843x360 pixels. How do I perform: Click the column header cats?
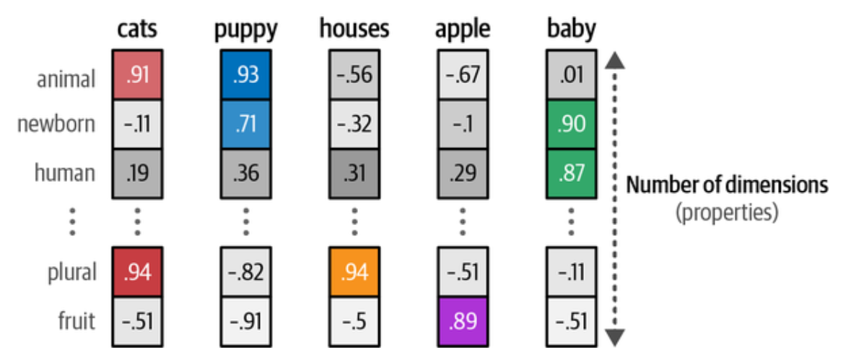pos(137,29)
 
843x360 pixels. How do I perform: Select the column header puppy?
pos(245,29)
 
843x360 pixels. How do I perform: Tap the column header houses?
pos(354,29)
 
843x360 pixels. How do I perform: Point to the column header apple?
pos(463,29)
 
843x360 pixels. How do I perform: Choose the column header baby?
pos(571,29)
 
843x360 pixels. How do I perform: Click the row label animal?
pos(66,77)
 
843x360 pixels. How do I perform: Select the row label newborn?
pos(56,124)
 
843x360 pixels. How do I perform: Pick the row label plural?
pos(67,273)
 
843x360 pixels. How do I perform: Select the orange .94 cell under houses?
pos(354,272)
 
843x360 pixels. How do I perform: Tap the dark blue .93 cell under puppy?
pos(246,76)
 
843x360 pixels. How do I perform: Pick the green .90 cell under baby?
pos(571,123)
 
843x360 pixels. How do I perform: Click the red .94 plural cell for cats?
pos(137,272)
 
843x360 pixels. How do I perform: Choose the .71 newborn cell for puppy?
pos(246,123)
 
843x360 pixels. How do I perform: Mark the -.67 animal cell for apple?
pos(463,76)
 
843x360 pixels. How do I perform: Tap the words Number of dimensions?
pos(727,185)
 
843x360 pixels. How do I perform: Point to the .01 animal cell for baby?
pos(571,76)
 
